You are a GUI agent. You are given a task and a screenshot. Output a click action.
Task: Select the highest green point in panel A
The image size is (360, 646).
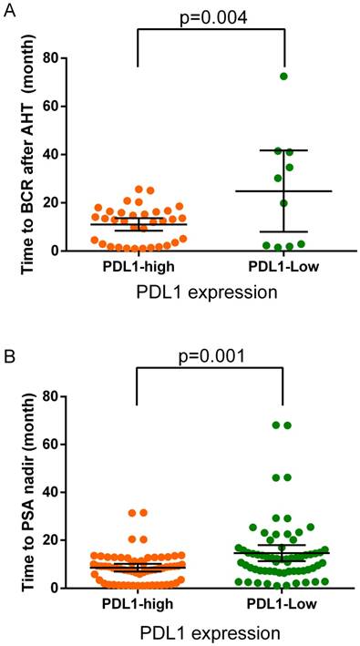click(283, 76)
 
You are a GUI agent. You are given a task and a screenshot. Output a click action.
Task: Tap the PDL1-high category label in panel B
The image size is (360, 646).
click(138, 603)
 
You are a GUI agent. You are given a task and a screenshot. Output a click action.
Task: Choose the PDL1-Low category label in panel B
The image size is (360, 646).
click(283, 603)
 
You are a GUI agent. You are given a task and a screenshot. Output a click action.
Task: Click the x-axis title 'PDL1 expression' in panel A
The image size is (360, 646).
click(209, 292)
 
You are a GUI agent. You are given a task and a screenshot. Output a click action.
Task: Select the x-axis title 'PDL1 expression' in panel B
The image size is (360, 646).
click(209, 631)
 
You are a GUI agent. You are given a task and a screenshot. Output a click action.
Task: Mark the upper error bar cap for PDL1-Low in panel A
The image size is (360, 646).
click(283, 150)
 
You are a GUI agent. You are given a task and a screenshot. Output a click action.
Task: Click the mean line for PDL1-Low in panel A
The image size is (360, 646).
click(283, 191)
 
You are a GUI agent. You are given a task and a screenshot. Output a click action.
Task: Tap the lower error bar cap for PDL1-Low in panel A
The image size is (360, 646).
click(283, 231)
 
